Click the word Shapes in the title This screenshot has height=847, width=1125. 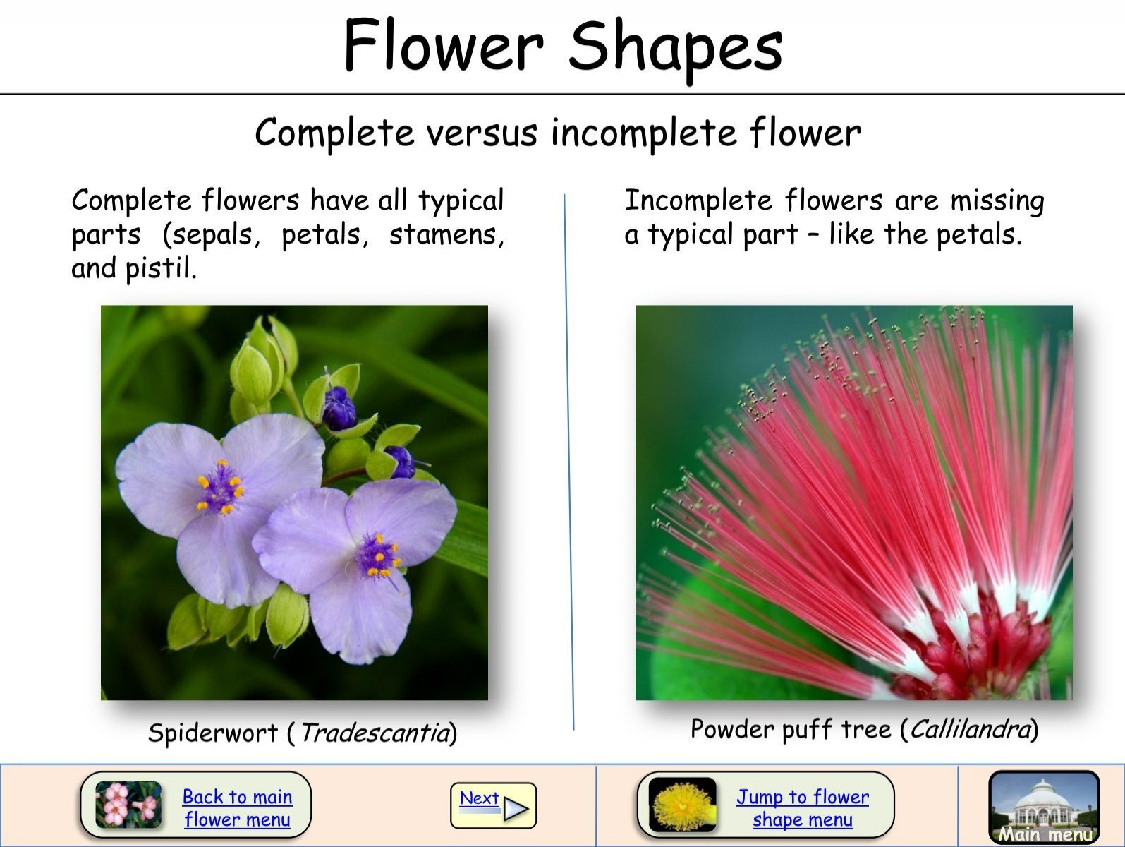click(675, 47)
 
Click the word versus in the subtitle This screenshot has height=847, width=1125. click(480, 133)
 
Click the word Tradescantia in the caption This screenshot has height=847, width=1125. click(375, 733)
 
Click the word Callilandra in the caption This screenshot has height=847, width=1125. click(971, 728)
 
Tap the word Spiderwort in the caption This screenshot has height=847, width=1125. click(212, 733)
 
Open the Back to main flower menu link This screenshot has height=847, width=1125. click(237, 808)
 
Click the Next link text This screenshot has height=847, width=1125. click(479, 798)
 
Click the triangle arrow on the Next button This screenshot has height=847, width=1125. click(516, 809)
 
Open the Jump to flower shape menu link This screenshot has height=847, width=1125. click(803, 808)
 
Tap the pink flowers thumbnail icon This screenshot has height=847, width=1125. click(128, 805)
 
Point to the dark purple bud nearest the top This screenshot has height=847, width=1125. click(339, 408)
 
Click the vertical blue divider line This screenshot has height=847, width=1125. click(568, 459)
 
